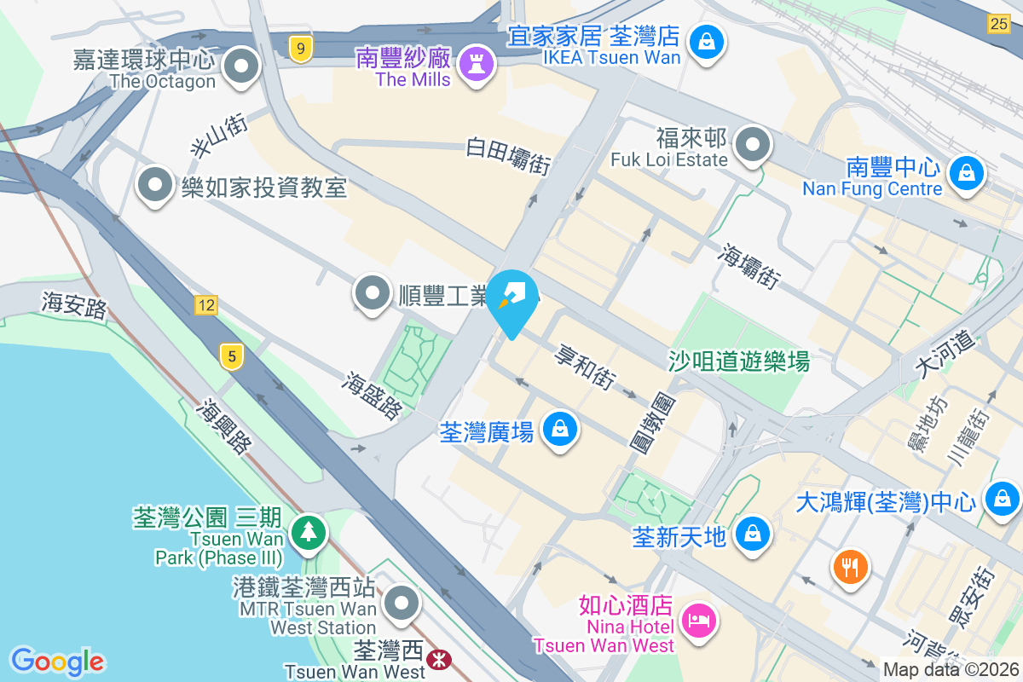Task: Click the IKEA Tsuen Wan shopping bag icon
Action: click(x=707, y=39)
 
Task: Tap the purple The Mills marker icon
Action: click(x=471, y=62)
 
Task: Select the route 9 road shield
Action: click(x=298, y=49)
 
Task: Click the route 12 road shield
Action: click(x=205, y=304)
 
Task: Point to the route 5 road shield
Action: click(x=230, y=355)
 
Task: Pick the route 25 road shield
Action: click(x=1000, y=23)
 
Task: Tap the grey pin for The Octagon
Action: click(x=241, y=66)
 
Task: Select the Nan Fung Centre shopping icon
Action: click(x=967, y=172)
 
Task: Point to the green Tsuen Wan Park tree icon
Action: click(x=308, y=532)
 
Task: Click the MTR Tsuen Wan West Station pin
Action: click(x=401, y=604)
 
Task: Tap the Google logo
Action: click(x=57, y=661)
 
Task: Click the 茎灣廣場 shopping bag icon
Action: click(x=560, y=429)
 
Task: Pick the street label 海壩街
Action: click(x=750, y=266)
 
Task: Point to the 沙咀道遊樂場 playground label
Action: click(x=738, y=361)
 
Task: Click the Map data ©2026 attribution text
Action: click(x=951, y=669)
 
